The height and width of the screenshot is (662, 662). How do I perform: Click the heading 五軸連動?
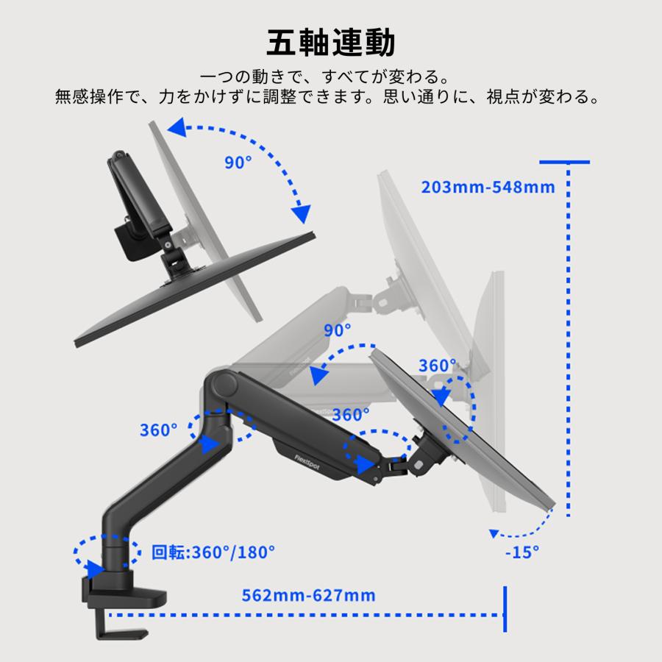(x=330, y=43)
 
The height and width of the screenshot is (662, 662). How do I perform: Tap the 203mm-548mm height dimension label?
(x=488, y=187)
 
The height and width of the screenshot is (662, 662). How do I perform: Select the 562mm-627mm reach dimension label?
(x=308, y=595)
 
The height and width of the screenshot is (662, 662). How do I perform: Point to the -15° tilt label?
(x=522, y=552)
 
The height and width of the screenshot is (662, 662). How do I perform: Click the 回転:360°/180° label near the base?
(x=213, y=552)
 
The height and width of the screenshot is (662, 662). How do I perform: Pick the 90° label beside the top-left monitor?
(x=238, y=162)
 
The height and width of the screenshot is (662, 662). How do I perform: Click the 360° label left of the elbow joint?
(x=158, y=430)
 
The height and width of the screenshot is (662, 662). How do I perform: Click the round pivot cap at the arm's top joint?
(x=224, y=383)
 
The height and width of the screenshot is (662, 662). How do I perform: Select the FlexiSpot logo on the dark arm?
(x=307, y=463)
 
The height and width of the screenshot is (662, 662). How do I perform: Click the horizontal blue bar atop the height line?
(x=564, y=162)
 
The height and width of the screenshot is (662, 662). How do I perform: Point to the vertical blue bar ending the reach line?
(x=505, y=609)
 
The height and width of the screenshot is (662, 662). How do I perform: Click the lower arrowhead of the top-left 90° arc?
(x=302, y=213)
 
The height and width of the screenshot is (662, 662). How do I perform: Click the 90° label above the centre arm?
(x=338, y=330)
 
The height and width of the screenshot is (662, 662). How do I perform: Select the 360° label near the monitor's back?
(x=438, y=366)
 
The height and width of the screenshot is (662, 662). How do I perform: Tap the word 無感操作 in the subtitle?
(x=90, y=96)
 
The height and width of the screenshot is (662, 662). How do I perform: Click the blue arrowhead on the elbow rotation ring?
(x=210, y=444)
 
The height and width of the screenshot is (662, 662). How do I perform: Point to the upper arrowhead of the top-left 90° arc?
(x=177, y=127)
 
